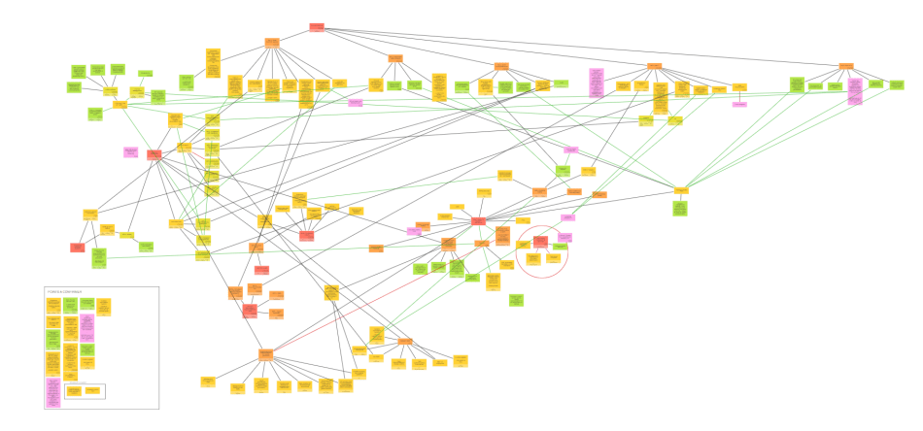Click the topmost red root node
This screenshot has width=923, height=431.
(x=317, y=27)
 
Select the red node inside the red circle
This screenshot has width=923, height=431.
(x=539, y=241)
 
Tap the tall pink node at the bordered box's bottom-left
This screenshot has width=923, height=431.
(x=52, y=392)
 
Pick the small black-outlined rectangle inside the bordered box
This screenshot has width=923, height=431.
(x=85, y=391)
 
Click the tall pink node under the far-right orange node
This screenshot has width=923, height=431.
(x=854, y=90)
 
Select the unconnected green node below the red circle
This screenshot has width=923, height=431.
(x=516, y=300)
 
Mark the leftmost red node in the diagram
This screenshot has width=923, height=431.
(x=77, y=248)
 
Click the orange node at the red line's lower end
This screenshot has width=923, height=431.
(x=265, y=353)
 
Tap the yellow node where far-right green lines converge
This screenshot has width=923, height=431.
(x=681, y=190)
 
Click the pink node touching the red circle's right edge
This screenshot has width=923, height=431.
(x=565, y=237)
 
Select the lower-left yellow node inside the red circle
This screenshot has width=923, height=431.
(x=533, y=259)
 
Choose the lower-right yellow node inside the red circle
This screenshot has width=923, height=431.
(x=553, y=258)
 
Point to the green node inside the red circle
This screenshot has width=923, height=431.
(x=559, y=248)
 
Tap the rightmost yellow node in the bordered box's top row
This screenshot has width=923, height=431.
(x=103, y=307)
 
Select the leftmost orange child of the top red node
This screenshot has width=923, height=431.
(x=272, y=43)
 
